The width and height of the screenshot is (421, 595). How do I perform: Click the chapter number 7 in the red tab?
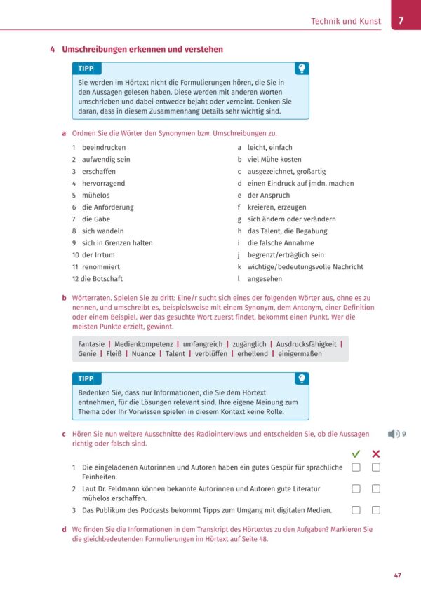tap(401, 20)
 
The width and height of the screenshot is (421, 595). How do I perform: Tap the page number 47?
tap(397, 576)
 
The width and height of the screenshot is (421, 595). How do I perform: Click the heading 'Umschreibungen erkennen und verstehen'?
tap(142, 49)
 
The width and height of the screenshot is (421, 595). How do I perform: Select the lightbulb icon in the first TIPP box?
tap(301, 69)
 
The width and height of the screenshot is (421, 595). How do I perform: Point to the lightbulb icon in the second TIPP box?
tap(301, 378)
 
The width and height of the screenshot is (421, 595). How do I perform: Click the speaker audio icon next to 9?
tap(394, 434)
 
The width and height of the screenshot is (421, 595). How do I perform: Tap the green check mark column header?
tap(356, 453)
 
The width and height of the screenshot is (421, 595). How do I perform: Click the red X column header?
tap(376, 453)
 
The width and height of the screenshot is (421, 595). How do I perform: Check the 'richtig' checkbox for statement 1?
tap(356, 467)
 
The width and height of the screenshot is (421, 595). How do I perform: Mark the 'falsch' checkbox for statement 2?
tap(376, 488)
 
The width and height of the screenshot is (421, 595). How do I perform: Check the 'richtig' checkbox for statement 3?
tap(356, 509)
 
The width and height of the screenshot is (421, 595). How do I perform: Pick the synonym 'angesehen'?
tap(265, 279)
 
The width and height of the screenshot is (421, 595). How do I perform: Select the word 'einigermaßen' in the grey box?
tap(300, 354)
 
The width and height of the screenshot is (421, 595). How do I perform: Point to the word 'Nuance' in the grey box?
tap(143, 354)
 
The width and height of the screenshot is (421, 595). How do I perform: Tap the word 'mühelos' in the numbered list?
tap(95, 196)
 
